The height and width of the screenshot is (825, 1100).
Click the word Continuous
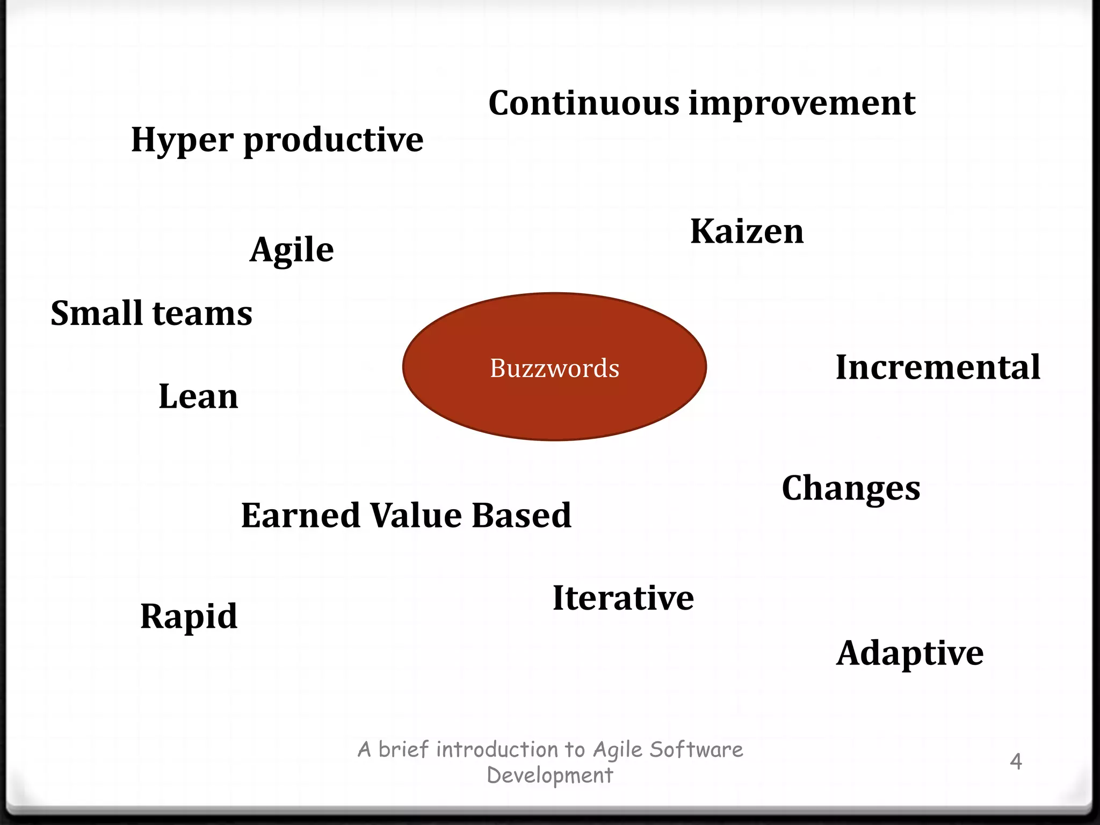(584, 103)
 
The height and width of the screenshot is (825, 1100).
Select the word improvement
(802, 103)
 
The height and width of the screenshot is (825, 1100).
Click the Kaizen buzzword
(747, 231)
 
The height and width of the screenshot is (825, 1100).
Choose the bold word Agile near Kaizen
(292, 250)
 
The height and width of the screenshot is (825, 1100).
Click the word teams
(202, 313)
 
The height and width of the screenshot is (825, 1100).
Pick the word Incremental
(938, 367)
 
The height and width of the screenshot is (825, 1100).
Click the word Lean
(198, 396)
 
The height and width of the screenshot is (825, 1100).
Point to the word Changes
(851, 488)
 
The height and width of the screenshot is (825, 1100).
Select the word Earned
(301, 515)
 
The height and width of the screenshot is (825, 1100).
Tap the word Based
(521, 515)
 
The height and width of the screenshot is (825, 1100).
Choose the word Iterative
(623, 598)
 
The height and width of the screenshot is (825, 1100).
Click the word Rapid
(189, 616)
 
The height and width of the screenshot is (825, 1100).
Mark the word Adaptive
(910, 654)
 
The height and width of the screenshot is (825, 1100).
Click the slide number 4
(1016, 762)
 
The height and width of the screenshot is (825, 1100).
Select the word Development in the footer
(549, 776)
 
